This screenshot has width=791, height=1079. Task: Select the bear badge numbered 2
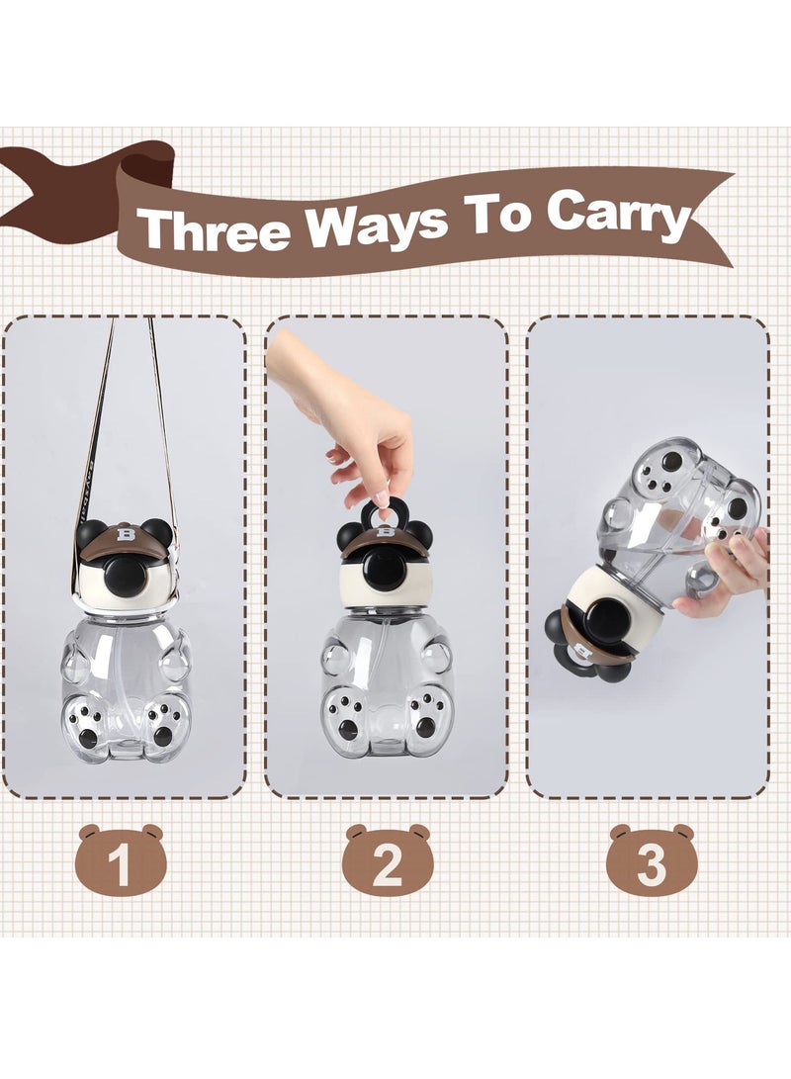(388, 861)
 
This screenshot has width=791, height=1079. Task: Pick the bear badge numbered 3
(652, 861)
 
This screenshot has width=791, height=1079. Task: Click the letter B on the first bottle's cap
(125, 534)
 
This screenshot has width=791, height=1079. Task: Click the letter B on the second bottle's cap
(385, 540)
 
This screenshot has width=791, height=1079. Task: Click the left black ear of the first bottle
(91, 531)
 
